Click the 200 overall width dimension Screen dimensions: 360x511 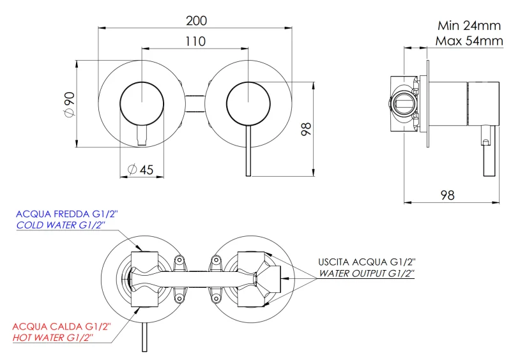197,20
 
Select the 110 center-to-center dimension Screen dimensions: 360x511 195,41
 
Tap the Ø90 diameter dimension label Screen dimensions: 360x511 70,104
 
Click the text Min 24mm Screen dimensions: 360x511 469,26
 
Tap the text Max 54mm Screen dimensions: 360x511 469,41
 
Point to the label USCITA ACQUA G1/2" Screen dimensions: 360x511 367,262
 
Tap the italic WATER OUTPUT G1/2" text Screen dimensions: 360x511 367,273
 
